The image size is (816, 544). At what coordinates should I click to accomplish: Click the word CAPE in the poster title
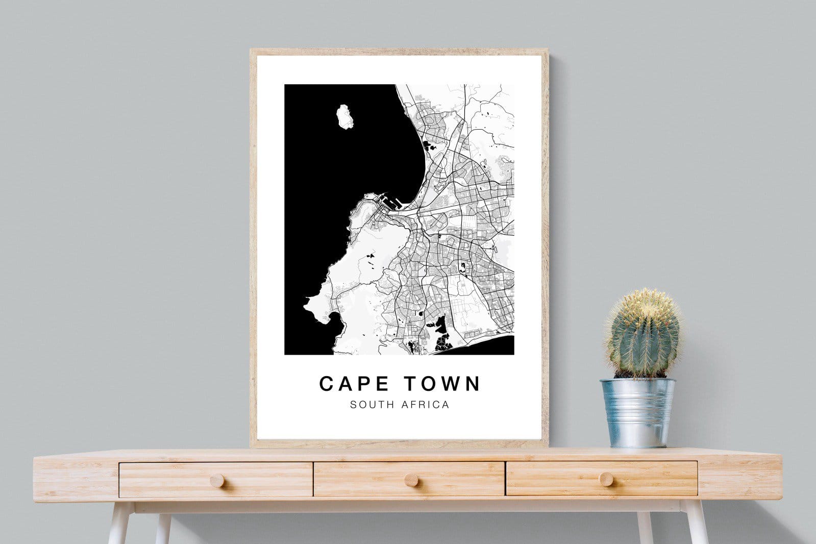(354, 384)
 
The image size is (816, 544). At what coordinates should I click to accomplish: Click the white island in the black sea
(343, 117)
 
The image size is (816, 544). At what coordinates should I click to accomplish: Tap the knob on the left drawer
(216, 480)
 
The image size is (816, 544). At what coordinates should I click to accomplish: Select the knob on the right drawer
(606, 479)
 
